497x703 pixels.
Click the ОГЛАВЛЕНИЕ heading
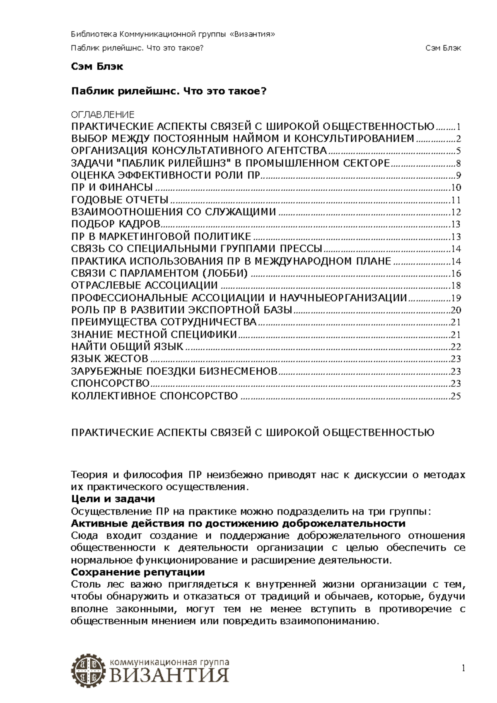click(x=103, y=115)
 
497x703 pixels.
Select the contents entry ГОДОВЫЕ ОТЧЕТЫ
click(x=120, y=200)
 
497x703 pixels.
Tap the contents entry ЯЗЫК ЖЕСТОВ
click(x=110, y=359)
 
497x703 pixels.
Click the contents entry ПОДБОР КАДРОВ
click(x=116, y=224)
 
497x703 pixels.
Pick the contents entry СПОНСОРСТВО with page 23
click(x=110, y=383)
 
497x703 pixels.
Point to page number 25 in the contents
click(x=456, y=396)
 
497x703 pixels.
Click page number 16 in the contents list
click(x=456, y=274)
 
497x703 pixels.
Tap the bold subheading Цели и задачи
click(x=113, y=499)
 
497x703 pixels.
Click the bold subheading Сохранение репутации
click(x=138, y=572)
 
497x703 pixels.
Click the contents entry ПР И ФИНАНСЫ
click(x=112, y=187)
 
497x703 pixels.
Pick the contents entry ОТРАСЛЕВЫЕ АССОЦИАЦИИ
click(x=145, y=285)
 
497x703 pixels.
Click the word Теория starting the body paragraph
click(x=86, y=475)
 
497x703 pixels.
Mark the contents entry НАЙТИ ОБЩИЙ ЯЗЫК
click(x=127, y=347)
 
